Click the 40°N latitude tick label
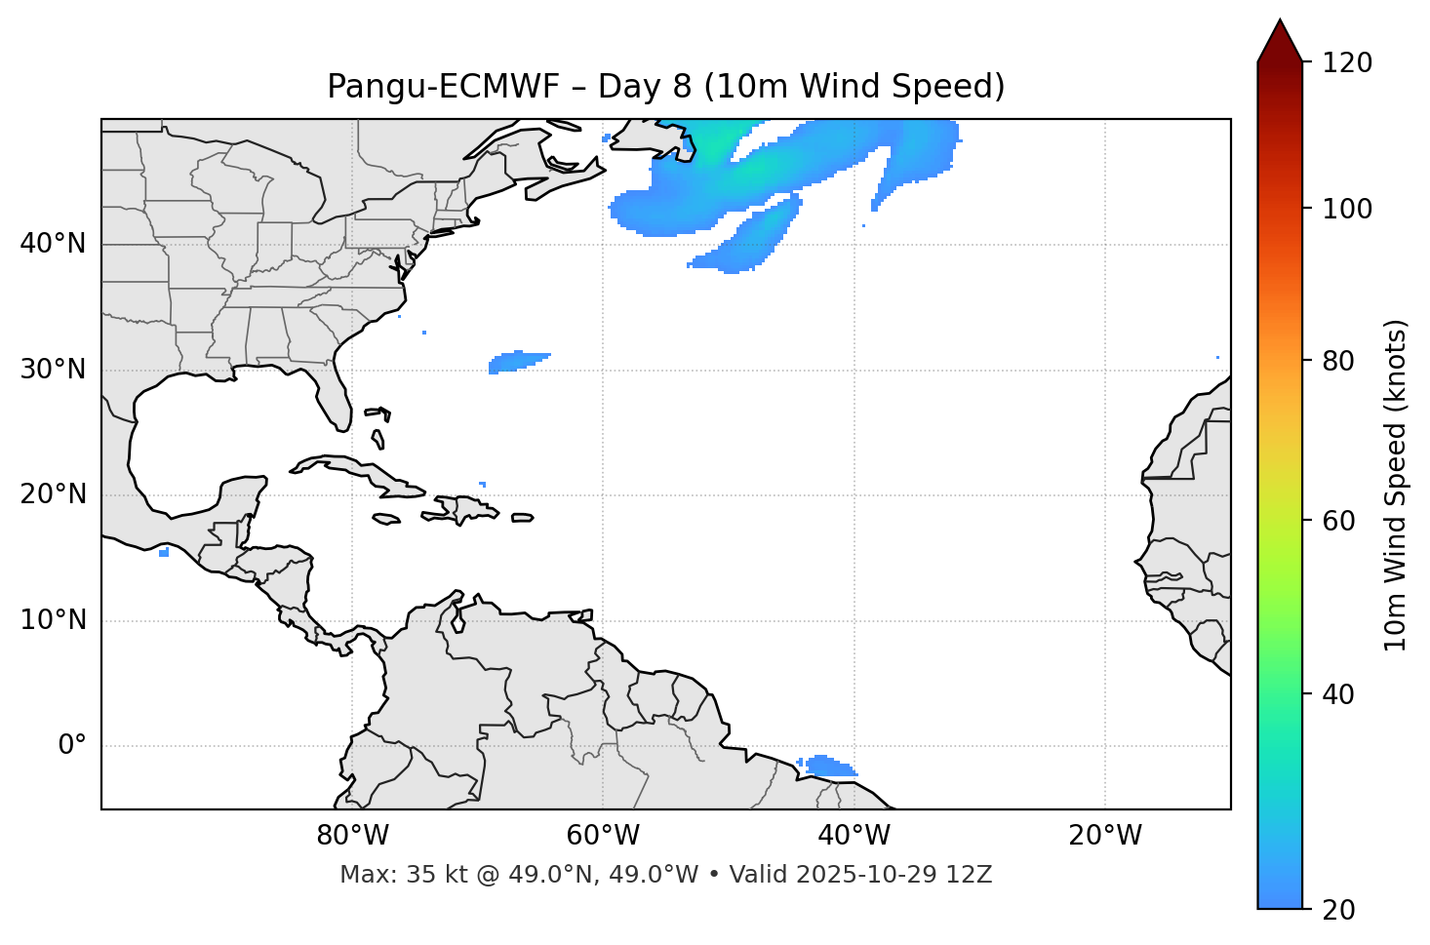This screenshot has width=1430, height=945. [53, 244]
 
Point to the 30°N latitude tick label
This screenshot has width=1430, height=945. [53, 370]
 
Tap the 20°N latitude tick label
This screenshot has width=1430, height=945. [53, 494]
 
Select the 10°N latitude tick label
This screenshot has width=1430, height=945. [53, 620]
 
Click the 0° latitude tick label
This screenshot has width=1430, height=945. [72, 746]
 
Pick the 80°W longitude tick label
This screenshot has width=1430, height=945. [352, 836]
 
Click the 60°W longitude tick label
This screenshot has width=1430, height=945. [603, 836]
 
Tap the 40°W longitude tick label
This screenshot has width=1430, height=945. [854, 836]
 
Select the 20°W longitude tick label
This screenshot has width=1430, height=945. [1105, 836]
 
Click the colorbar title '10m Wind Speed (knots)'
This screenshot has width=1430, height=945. [1396, 485]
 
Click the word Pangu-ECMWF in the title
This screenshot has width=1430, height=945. [443, 87]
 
